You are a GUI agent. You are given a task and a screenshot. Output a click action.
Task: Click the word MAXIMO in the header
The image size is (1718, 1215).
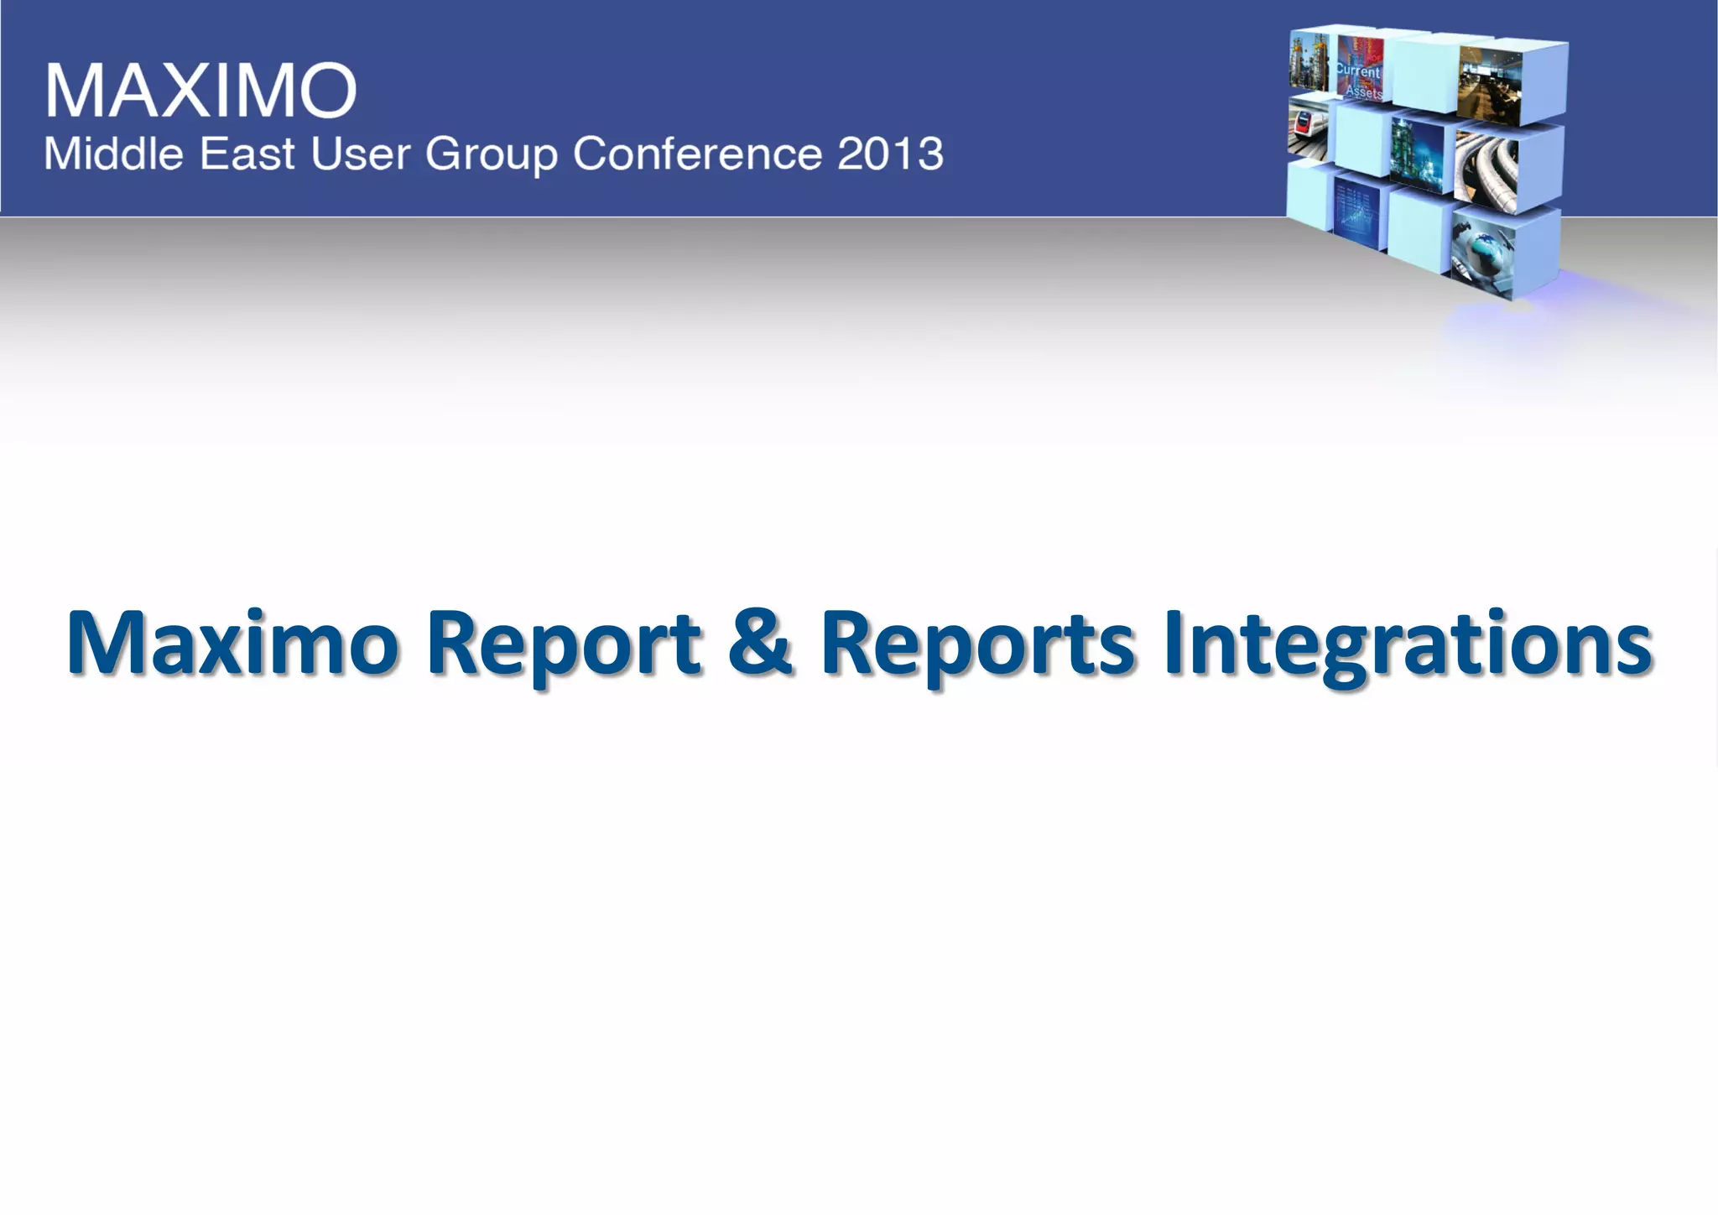click(200, 90)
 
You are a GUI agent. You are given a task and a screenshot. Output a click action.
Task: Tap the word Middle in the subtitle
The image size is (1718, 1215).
click(113, 154)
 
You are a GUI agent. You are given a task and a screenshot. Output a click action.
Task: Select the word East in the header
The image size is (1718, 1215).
click(247, 154)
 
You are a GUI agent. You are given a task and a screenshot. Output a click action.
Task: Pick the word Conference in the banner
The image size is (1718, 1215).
click(697, 154)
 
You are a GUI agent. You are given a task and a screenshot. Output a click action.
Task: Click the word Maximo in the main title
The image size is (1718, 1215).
click(232, 644)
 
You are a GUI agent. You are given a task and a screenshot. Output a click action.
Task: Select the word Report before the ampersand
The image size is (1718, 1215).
click(563, 644)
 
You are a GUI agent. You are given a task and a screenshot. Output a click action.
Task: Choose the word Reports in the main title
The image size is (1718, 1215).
click(977, 644)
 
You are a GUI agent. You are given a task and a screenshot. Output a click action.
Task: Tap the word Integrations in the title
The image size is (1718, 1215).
click(1408, 644)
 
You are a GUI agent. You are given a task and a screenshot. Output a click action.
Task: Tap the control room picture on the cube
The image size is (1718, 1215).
click(1489, 81)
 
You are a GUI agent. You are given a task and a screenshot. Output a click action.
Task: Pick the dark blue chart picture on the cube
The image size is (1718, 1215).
click(1356, 211)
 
